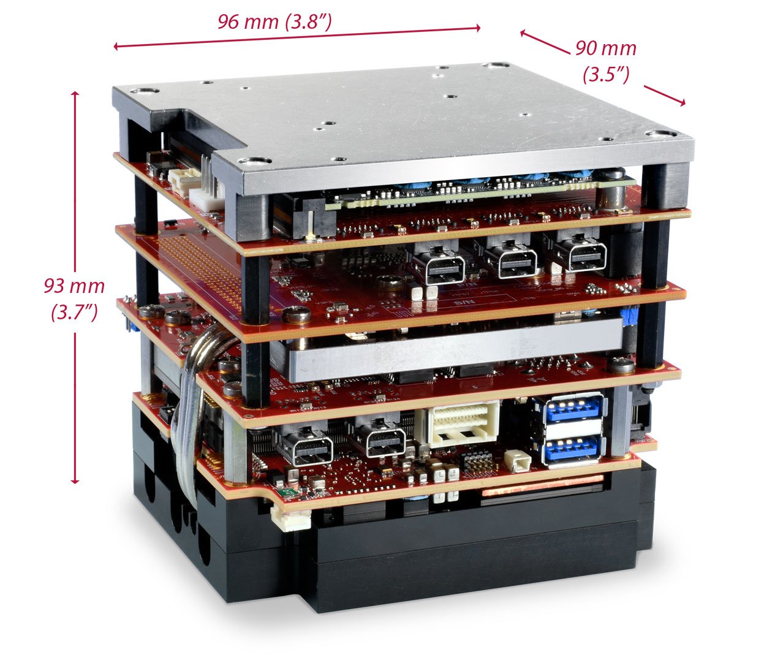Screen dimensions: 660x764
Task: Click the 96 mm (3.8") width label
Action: (274, 22)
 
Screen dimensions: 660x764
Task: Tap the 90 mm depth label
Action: (605, 48)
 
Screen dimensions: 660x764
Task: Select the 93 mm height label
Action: (74, 286)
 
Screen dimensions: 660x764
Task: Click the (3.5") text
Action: (606, 74)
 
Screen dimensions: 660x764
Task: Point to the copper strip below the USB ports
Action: (539, 490)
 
